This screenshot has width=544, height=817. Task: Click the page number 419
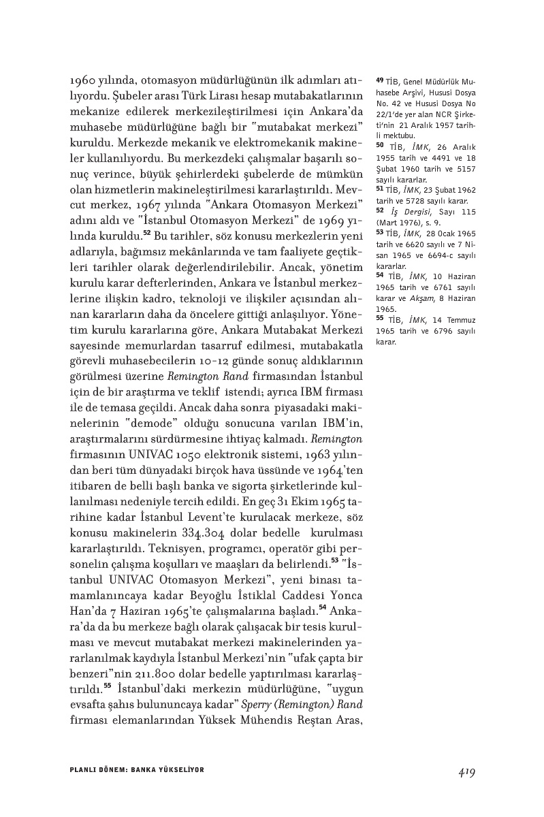coord(466,772)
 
